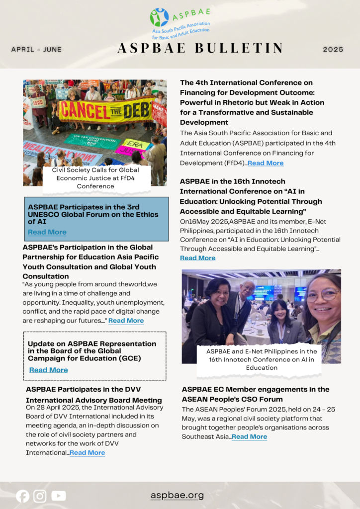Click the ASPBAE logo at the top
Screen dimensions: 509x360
click(x=180, y=23)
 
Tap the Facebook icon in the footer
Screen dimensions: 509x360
click(x=22, y=496)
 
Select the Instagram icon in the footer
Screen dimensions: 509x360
click(x=40, y=496)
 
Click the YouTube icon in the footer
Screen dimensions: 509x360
click(x=58, y=496)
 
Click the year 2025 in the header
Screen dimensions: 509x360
click(x=333, y=50)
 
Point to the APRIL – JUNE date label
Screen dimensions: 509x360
click(x=36, y=50)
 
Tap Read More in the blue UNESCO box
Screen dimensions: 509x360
click(x=47, y=232)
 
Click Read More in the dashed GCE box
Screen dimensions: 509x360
click(x=48, y=370)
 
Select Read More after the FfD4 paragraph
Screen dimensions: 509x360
click(x=266, y=163)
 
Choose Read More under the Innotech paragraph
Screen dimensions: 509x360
click(x=197, y=258)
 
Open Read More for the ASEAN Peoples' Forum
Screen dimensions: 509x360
click(x=249, y=436)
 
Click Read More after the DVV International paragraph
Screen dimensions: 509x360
click(x=87, y=452)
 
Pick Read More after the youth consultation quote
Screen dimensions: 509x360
click(x=126, y=321)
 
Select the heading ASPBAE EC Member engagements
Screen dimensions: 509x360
click(x=256, y=394)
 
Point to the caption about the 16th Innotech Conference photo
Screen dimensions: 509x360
click(x=262, y=359)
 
